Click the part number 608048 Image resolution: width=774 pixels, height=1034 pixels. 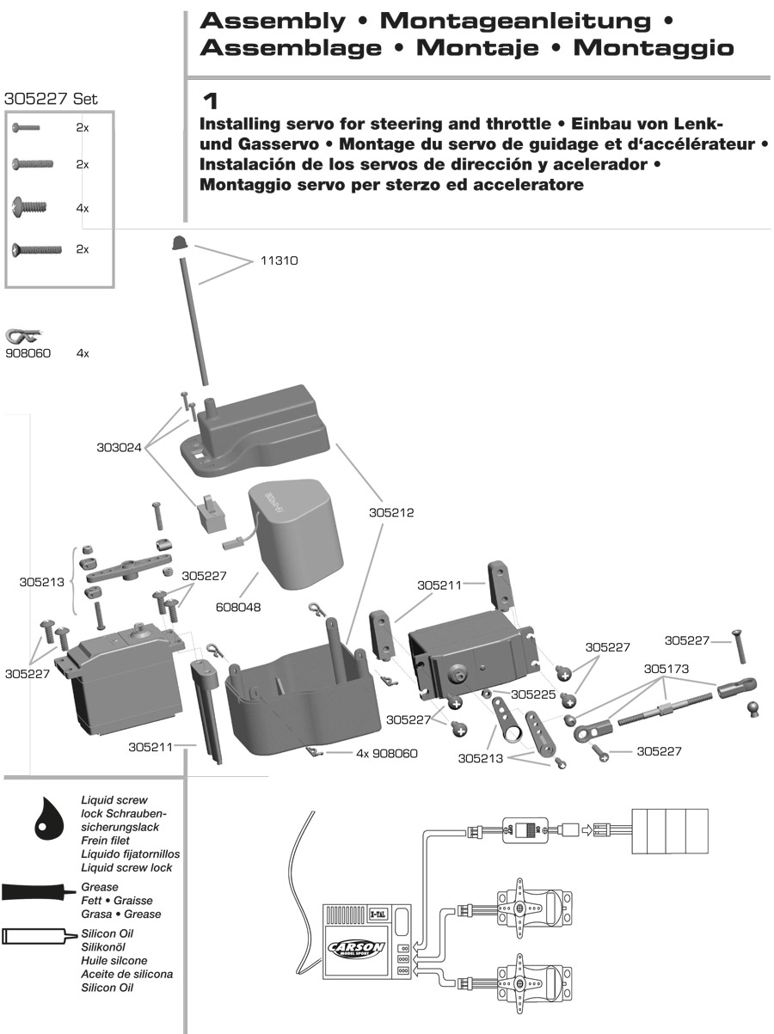[239, 607]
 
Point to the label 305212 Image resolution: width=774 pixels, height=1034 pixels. [392, 513]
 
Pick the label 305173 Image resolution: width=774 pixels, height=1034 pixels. [666, 667]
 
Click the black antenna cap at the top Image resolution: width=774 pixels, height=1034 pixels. [180, 243]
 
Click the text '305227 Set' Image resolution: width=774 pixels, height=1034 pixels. [51, 99]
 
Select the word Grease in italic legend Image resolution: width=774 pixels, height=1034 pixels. [100, 886]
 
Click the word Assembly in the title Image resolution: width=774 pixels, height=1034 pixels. [273, 21]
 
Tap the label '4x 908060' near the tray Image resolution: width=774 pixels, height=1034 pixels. [386, 754]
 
